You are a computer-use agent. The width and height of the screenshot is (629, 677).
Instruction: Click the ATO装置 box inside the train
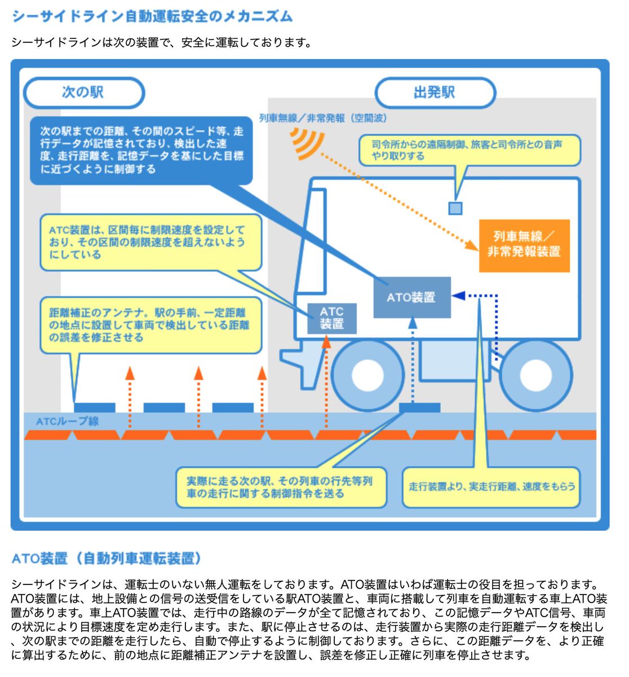412,297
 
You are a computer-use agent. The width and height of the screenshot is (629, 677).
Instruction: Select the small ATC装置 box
331,318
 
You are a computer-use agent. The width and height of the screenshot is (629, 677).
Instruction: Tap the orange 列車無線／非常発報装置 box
524,245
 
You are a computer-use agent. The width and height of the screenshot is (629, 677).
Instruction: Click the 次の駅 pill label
83,92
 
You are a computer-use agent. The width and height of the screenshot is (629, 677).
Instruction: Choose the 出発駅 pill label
435,92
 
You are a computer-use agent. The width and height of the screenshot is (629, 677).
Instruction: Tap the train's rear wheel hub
535,374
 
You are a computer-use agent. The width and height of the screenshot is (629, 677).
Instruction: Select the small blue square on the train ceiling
455,208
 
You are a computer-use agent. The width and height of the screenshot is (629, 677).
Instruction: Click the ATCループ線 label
67,421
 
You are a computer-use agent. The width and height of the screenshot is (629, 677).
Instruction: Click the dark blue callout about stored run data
141,150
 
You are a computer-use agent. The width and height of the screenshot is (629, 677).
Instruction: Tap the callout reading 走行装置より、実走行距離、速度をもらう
491,486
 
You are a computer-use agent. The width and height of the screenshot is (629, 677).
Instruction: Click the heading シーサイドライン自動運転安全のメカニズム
152,16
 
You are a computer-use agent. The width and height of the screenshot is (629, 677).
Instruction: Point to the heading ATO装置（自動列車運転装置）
107,559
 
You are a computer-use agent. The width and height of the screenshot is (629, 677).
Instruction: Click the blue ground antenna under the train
419,407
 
